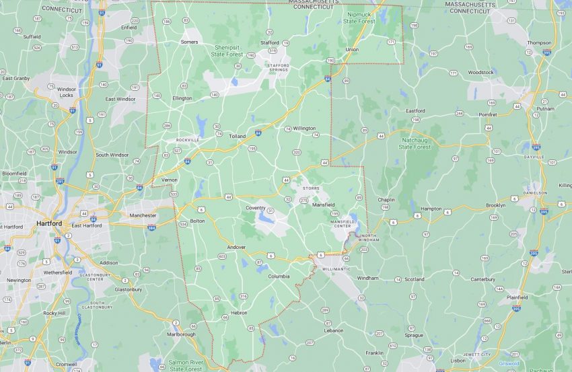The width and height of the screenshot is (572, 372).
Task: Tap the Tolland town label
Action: (237, 136)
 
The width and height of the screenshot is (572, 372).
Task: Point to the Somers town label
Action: (189, 42)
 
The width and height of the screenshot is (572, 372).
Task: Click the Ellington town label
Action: (182, 98)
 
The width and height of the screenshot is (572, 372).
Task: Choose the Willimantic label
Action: (336, 269)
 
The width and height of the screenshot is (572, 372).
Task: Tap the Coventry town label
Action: (256, 207)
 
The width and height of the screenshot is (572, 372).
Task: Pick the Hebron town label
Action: (238, 313)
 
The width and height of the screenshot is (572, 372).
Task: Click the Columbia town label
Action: (279, 276)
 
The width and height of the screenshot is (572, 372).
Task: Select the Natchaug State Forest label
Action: (414, 143)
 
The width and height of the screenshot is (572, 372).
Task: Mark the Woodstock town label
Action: (480, 72)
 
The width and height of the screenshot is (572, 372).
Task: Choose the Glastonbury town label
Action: (128, 289)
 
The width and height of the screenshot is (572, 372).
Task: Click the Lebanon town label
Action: (333, 330)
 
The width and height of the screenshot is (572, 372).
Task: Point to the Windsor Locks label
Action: (66, 91)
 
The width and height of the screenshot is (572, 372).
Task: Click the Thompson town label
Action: (539, 42)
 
